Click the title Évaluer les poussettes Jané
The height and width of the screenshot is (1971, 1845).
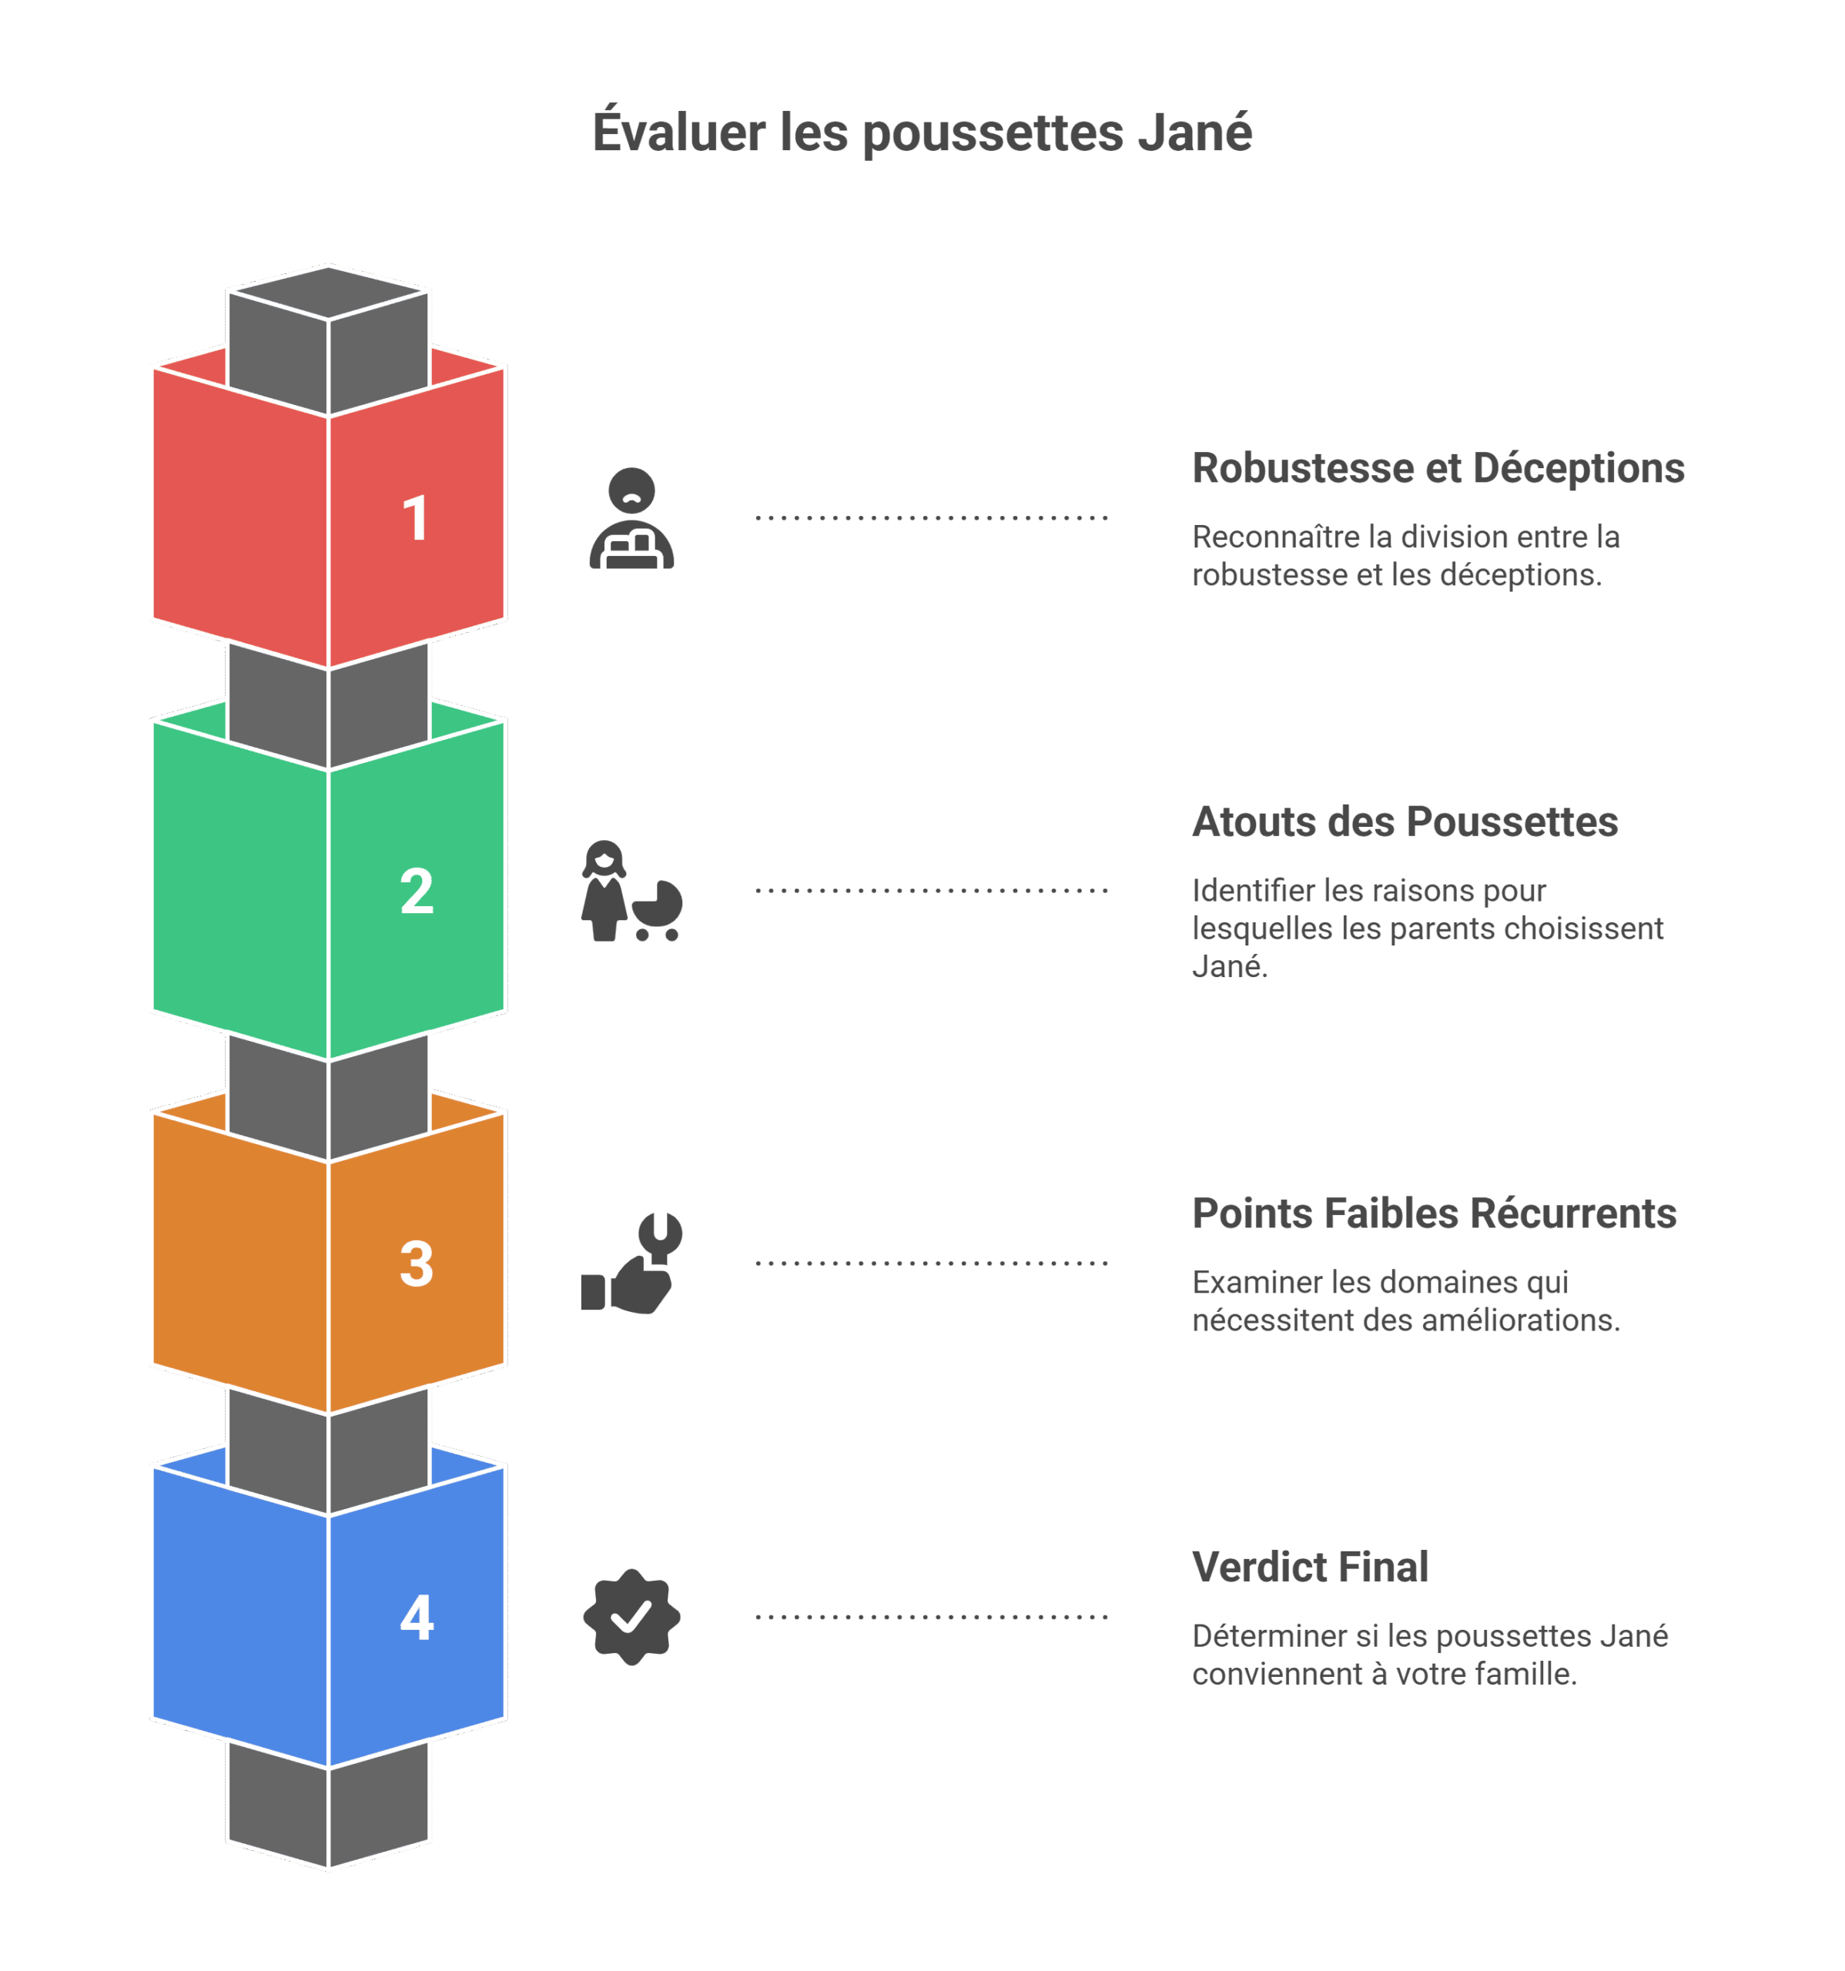tap(922, 133)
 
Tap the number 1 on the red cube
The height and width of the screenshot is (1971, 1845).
tap(415, 517)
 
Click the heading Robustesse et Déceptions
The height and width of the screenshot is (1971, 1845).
tap(1438, 469)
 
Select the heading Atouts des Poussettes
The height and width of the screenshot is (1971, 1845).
tap(1404, 822)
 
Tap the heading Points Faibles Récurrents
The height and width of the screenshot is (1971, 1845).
tap(1434, 1213)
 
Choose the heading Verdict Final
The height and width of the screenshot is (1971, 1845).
tap(1310, 1568)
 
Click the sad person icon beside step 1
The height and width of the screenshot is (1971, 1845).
tap(631, 518)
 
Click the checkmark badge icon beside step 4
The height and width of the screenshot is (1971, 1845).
tap(631, 1617)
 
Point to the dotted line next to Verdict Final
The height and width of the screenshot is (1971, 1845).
tap(932, 1617)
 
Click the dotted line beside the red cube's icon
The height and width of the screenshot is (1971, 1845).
tap(932, 517)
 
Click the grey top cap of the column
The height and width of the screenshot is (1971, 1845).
tap(328, 293)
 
